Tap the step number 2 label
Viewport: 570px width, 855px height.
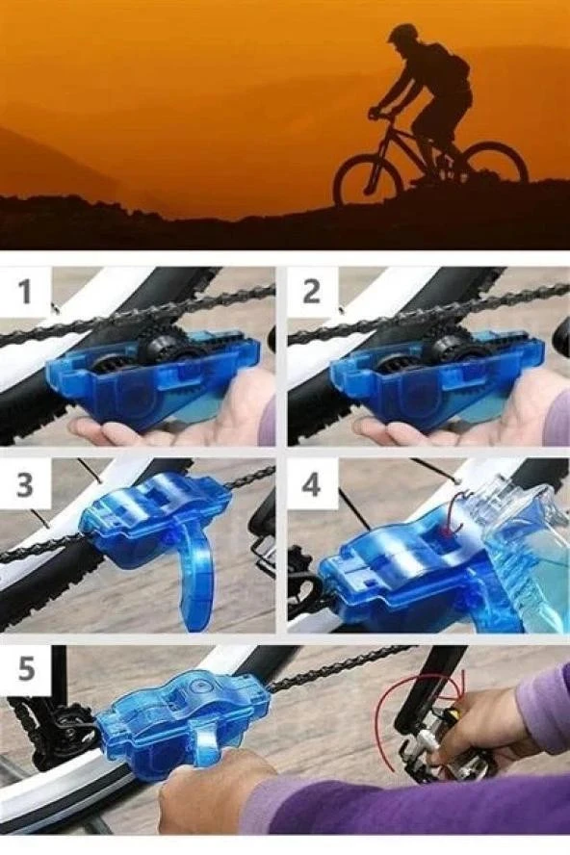[311, 291]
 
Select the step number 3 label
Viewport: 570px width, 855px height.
[25, 484]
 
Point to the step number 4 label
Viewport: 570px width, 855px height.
[311, 484]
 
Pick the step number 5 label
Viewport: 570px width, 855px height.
[26, 668]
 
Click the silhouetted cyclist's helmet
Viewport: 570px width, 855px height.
[400, 32]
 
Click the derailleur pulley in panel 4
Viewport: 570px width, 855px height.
[303, 591]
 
